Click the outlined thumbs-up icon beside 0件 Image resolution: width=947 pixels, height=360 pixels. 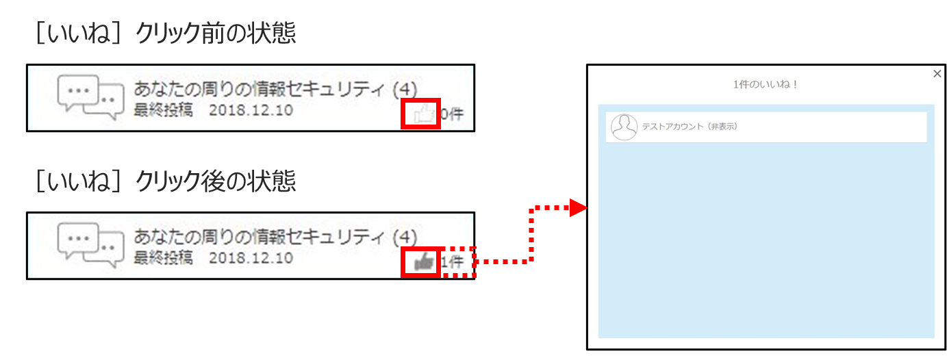(424, 114)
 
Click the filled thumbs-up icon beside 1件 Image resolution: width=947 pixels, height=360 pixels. (424, 262)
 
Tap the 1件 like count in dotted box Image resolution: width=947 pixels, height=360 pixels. (453, 262)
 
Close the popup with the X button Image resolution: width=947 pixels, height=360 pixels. (937, 73)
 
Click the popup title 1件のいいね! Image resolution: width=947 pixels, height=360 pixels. (766, 84)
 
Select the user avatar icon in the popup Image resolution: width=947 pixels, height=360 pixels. (624, 127)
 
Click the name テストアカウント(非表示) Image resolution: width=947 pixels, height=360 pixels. (690, 127)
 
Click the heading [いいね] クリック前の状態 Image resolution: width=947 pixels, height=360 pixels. (166, 33)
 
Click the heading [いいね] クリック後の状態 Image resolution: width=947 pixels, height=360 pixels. (166, 181)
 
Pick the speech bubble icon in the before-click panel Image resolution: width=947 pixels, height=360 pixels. (91, 97)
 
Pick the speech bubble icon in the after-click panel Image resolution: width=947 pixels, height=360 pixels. (91, 245)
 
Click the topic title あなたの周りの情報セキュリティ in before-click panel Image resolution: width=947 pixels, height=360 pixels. (259, 89)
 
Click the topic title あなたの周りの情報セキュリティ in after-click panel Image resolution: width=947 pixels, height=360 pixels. (259, 237)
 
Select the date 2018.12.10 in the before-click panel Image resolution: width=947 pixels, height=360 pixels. (251, 110)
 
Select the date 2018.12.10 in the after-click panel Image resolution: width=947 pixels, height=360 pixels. (251, 258)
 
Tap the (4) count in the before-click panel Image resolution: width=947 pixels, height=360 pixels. (405, 90)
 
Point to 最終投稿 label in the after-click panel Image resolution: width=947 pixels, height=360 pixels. (163, 258)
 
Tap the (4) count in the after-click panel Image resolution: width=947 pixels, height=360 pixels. (405, 237)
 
